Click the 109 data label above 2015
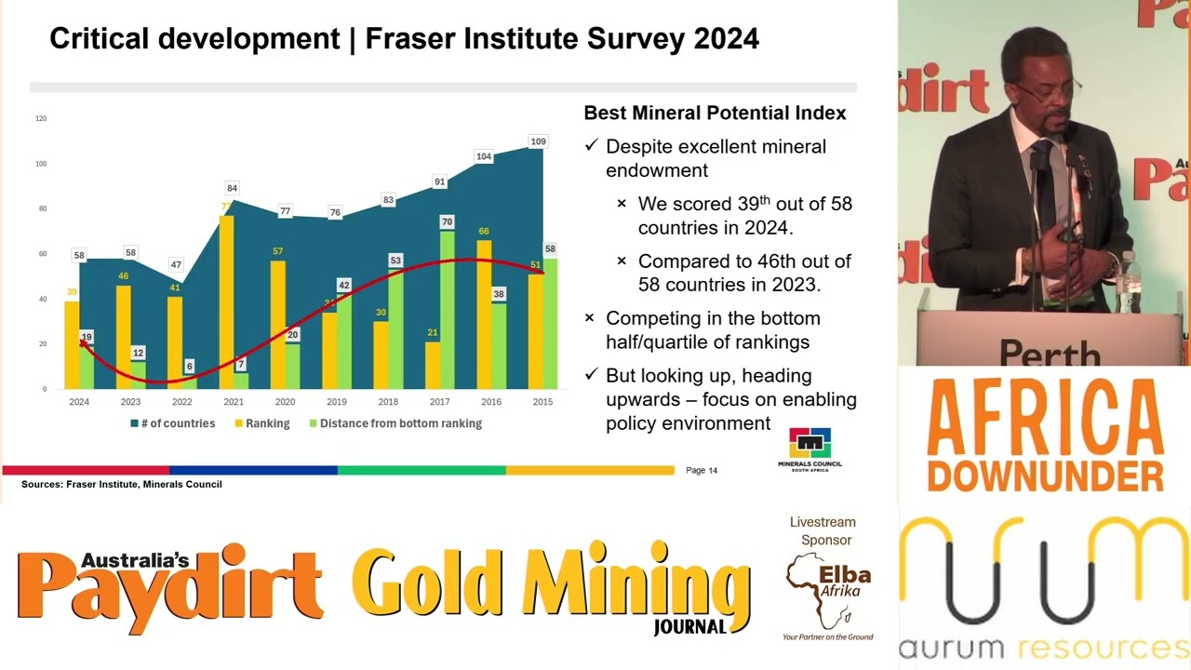pyautogui.click(x=538, y=141)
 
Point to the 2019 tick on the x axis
pyautogui.click(x=337, y=402)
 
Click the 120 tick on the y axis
pyautogui.click(x=41, y=118)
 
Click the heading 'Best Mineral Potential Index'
pyautogui.click(x=715, y=113)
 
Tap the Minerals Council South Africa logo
pyautogui.click(x=810, y=449)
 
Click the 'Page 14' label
pyautogui.click(x=702, y=470)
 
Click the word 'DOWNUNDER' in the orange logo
pyautogui.click(x=1045, y=475)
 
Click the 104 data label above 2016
pyautogui.click(x=484, y=156)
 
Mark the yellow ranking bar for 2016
pyautogui.click(x=484, y=316)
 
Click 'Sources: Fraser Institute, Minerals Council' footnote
pyautogui.click(x=122, y=484)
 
